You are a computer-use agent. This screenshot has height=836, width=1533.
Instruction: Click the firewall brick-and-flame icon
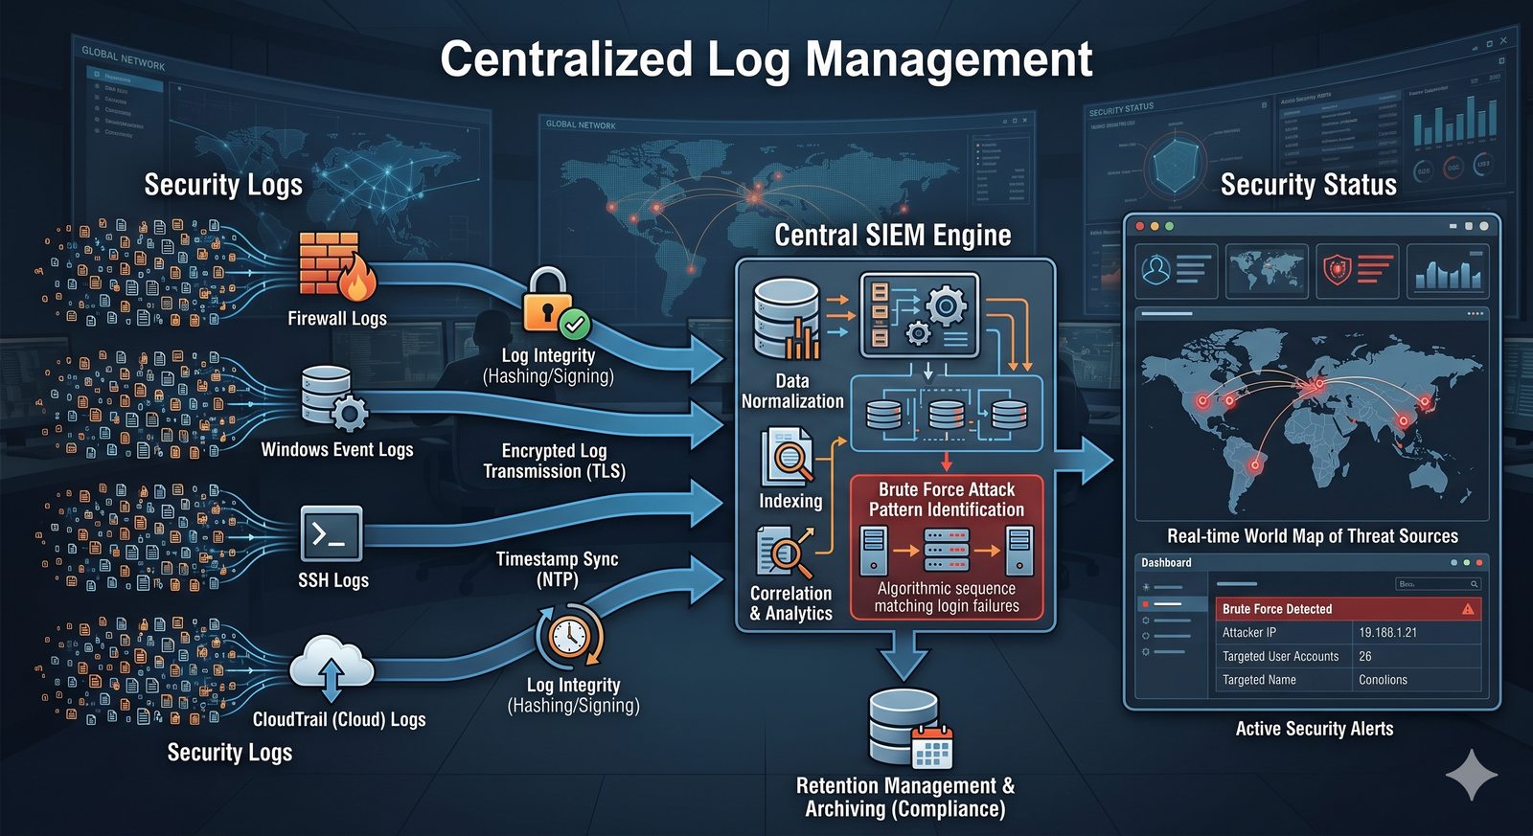335,265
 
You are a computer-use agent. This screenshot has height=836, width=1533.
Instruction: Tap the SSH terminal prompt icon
331,533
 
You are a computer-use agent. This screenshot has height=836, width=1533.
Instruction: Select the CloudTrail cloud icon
331,663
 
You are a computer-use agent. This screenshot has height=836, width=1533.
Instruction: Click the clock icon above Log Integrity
569,634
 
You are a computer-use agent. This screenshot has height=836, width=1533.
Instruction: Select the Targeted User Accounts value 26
1365,657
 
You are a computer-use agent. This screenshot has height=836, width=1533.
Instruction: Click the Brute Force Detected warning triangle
1468,609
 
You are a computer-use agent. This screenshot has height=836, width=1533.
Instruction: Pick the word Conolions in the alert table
1383,680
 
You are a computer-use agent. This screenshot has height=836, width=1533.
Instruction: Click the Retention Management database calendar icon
909,730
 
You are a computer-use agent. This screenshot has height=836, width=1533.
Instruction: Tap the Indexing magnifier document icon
788,458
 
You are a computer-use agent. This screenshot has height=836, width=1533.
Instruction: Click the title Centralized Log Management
766,59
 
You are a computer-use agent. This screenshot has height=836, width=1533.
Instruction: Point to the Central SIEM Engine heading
892,236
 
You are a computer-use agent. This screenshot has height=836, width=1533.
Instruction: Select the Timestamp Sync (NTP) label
557,569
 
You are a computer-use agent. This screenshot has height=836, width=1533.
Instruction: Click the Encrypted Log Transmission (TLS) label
554,461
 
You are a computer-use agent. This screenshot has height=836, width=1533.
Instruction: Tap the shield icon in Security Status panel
1338,270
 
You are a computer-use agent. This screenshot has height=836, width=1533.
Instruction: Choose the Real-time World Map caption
1312,536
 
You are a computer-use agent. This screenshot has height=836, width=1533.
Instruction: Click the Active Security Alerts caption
1314,729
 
